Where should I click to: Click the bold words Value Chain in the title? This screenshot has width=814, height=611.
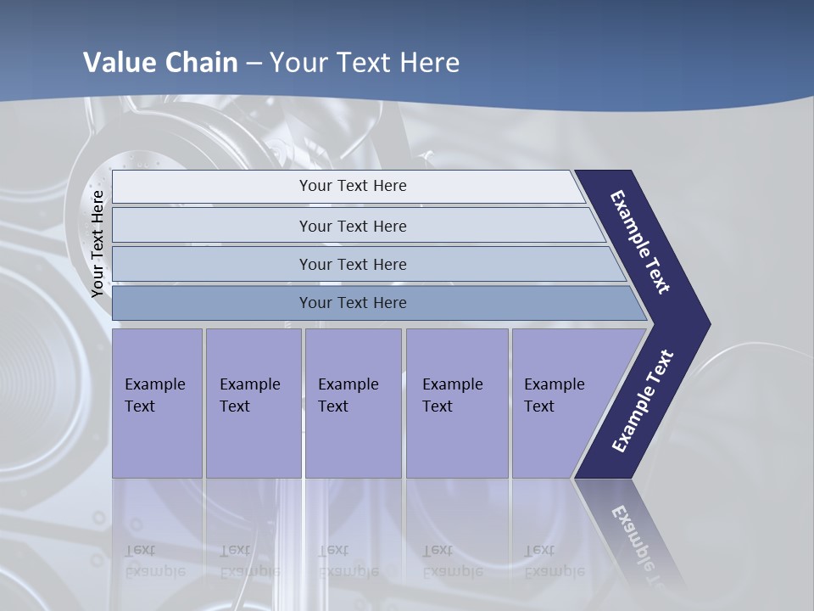(x=160, y=63)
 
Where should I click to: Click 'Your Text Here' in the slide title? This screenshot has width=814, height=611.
(x=365, y=63)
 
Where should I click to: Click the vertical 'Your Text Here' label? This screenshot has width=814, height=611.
(x=98, y=244)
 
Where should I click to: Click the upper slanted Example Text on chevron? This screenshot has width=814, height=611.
(x=640, y=242)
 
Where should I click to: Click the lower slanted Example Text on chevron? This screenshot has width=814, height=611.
(x=642, y=401)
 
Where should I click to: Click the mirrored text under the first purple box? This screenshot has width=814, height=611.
(x=154, y=561)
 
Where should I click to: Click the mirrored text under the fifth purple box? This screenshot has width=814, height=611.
(x=554, y=561)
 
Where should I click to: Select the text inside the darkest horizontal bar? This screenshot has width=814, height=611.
(x=353, y=303)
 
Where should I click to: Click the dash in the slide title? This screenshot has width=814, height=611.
(x=254, y=64)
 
